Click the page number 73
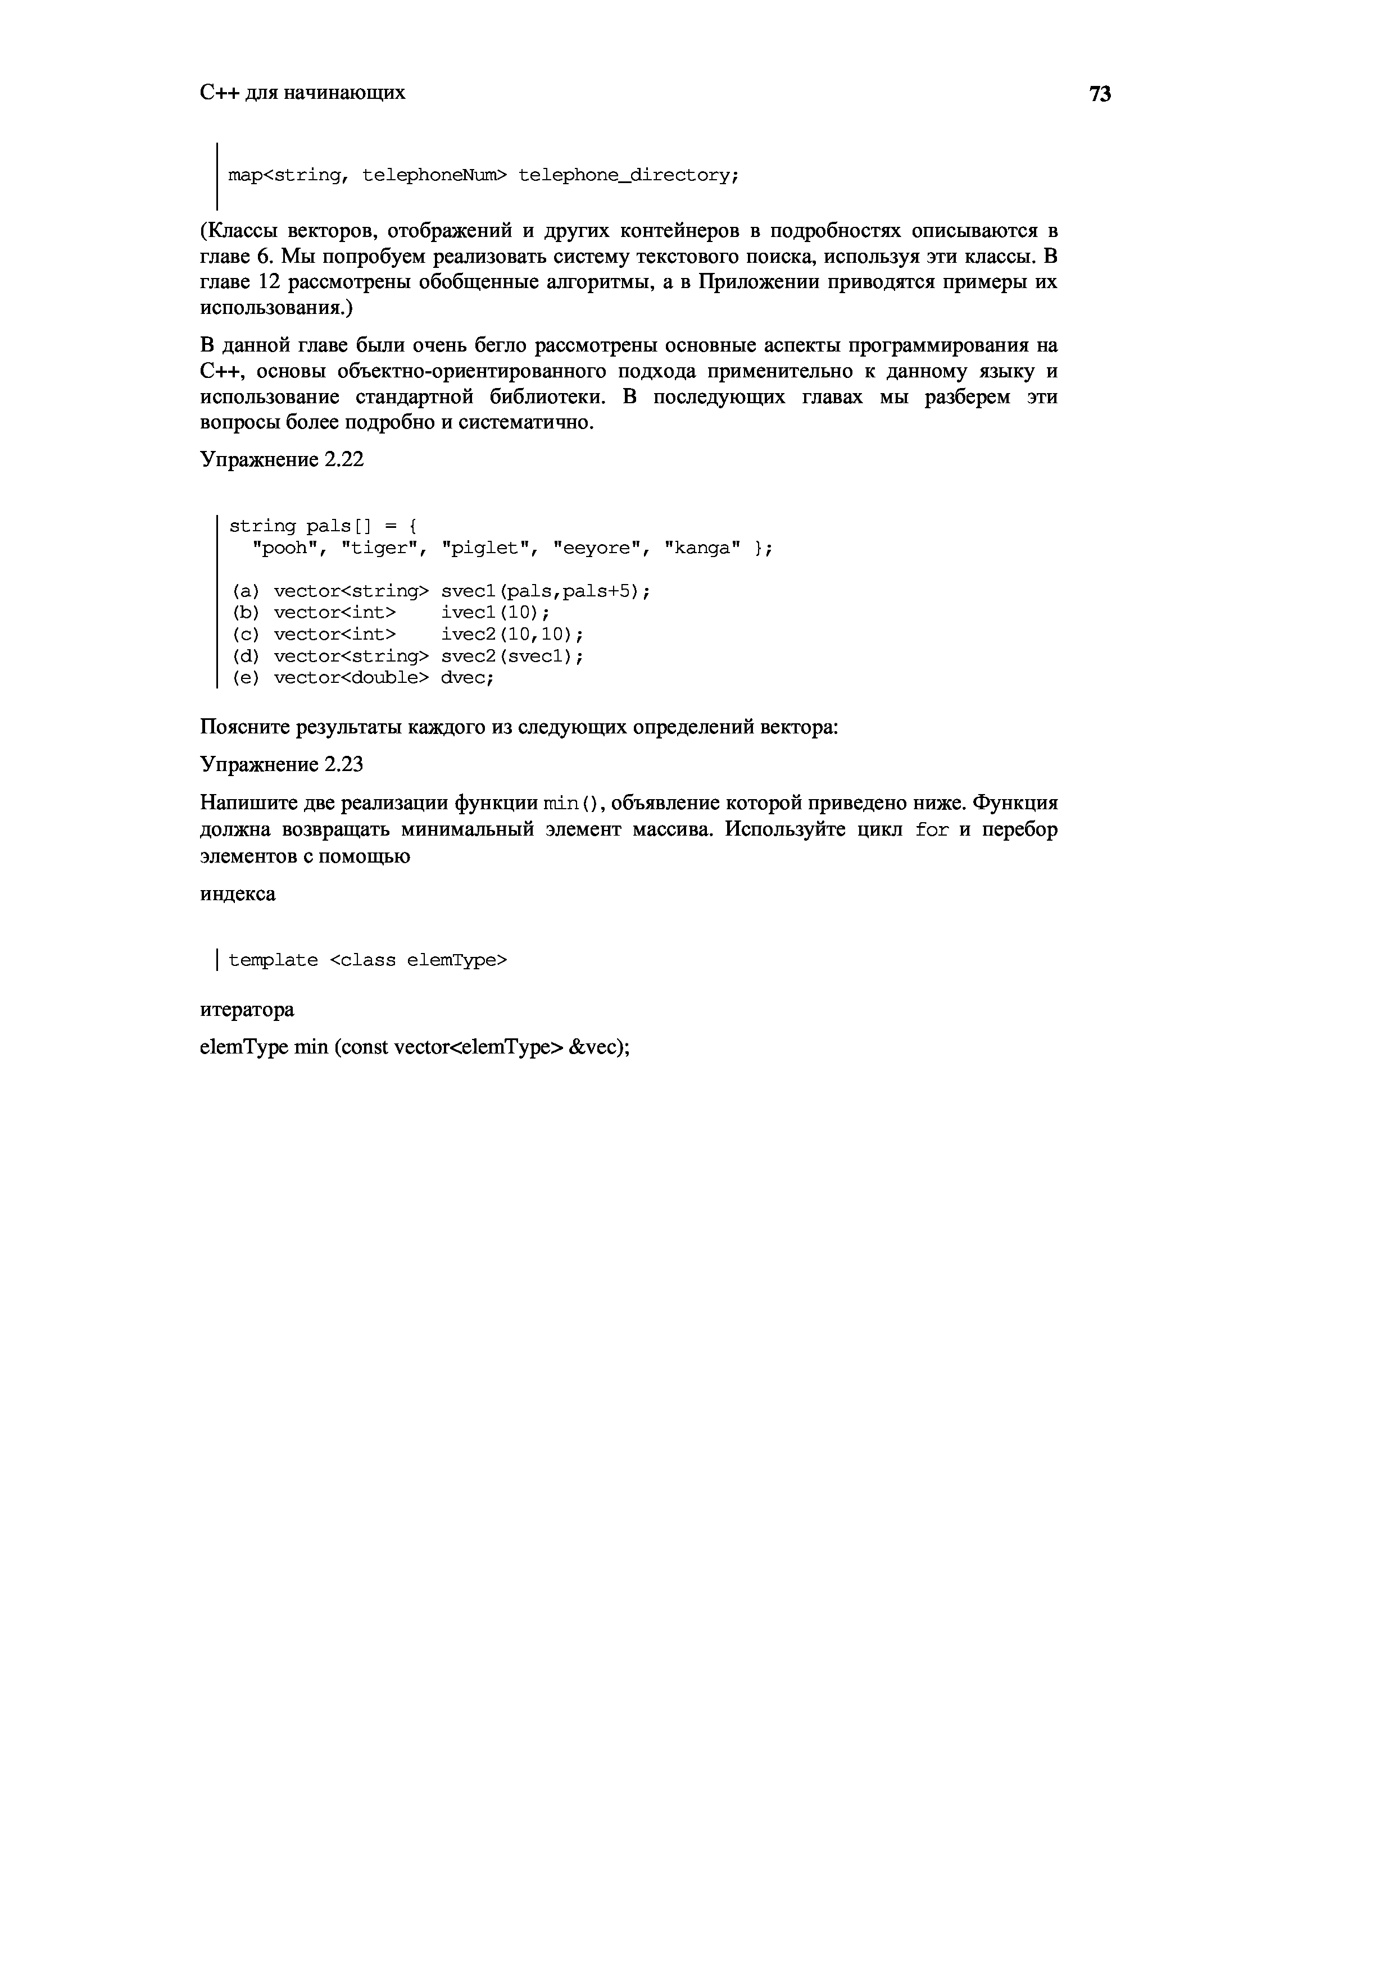[x=1100, y=94]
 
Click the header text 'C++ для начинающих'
[x=302, y=92]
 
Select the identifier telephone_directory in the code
[x=628, y=176]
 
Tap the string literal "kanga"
[x=702, y=548]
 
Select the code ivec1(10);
[x=495, y=613]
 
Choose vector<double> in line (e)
[x=350, y=678]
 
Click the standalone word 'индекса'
[x=238, y=894]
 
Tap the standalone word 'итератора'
[x=246, y=1010]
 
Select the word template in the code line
[x=273, y=960]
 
